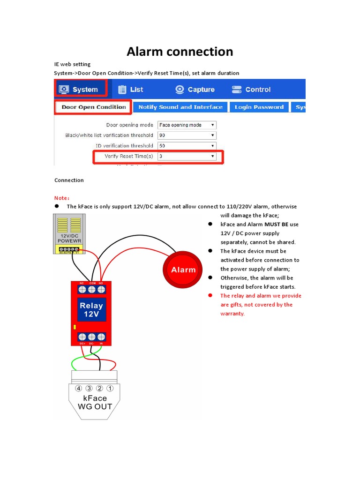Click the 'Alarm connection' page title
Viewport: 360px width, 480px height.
pyautogui.click(x=180, y=52)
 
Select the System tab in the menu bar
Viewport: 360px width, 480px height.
pyautogui.click(x=81, y=90)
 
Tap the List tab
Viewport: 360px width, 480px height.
pyautogui.click(x=131, y=90)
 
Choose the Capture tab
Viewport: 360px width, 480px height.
pyautogui.click(x=195, y=90)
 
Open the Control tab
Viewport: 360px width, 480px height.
pyautogui.click(x=252, y=90)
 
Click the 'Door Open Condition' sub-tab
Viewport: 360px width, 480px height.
pyautogui.click(x=93, y=107)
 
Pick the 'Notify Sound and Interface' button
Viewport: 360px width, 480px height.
pyautogui.click(x=180, y=107)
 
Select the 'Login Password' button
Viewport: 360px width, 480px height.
pyautogui.click(x=259, y=107)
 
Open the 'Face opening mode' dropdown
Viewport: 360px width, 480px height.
pyautogui.click(x=187, y=125)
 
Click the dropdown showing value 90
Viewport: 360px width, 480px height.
pyautogui.click(x=187, y=135)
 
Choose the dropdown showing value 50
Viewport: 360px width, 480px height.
pyautogui.click(x=187, y=146)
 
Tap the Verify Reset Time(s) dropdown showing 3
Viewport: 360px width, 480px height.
pyautogui.click(x=187, y=157)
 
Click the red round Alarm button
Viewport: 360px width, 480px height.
pyautogui.click(x=183, y=270)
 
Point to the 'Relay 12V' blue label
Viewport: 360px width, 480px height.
pyautogui.click(x=91, y=310)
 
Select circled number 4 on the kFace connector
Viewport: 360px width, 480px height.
pyautogui.click(x=79, y=388)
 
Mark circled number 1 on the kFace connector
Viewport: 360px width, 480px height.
pyautogui.click(x=110, y=388)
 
